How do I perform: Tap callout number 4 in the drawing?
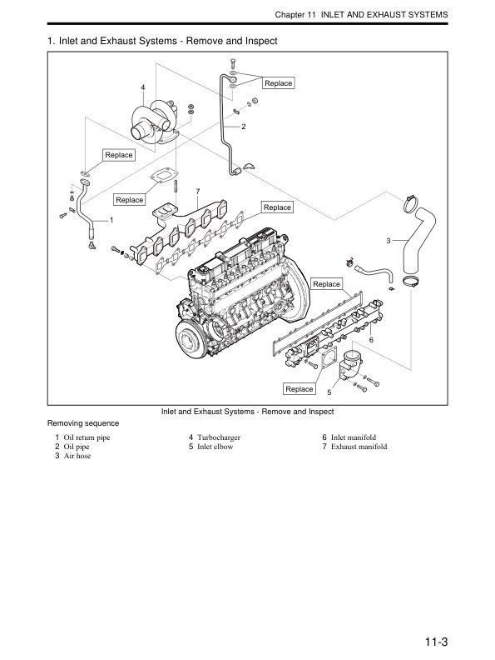(x=143, y=87)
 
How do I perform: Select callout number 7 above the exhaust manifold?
(x=197, y=192)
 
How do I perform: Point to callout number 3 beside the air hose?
(x=389, y=241)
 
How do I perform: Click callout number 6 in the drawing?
(x=371, y=339)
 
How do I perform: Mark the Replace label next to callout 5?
(x=299, y=389)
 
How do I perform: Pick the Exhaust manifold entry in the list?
(x=359, y=447)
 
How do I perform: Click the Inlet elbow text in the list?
(x=215, y=447)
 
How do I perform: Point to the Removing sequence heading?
(x=83, y=423)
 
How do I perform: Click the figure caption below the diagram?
(x=247, y=412)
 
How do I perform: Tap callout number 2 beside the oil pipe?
(x=244, y=127)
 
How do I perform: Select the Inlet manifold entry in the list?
(x=354, y=437)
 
